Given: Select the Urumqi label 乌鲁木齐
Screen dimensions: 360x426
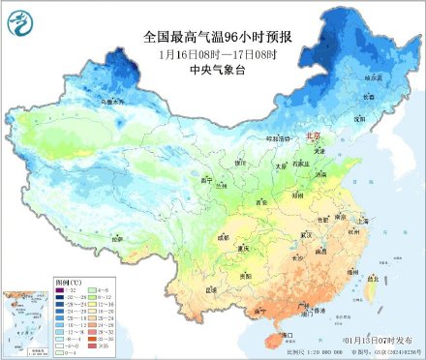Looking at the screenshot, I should point(86,101).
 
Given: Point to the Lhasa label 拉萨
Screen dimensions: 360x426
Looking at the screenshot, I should point(117,237).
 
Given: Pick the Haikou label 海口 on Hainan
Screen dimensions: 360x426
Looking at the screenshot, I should point(286,334).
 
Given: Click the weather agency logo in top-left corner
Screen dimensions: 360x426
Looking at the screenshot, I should point(19,20).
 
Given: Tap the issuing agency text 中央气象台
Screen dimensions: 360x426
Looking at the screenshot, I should point(218,71).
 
